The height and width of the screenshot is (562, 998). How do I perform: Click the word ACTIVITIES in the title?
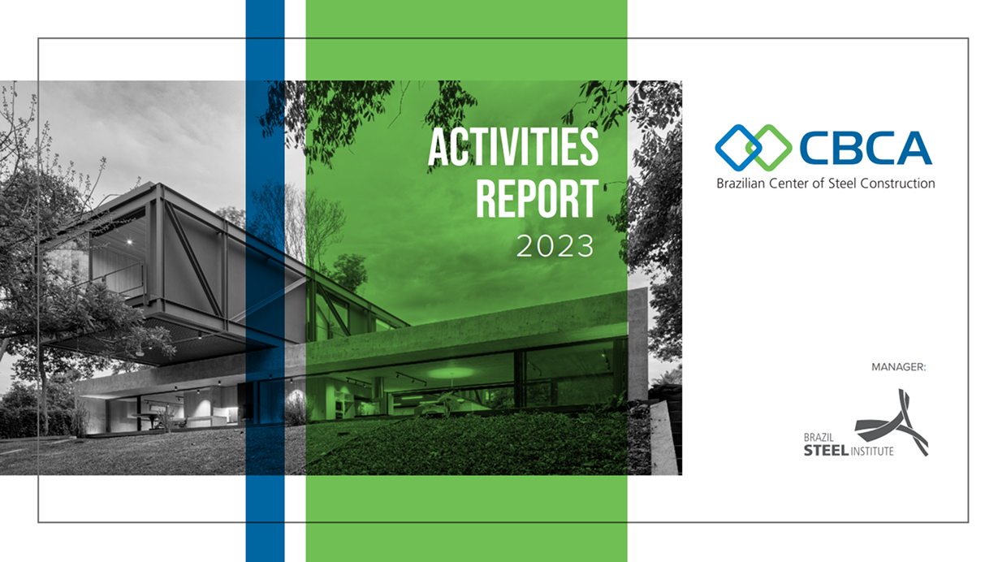click(513, 147)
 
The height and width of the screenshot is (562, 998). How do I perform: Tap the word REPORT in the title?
click(537, 198)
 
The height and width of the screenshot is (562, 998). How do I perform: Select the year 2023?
click(555, 246)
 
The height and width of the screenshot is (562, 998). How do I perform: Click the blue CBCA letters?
click(866, 148)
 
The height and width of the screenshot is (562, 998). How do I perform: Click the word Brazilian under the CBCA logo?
click(740, 184)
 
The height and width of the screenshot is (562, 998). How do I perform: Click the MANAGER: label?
click(899, 367)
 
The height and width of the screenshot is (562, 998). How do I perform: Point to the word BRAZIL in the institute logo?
click(819, 438)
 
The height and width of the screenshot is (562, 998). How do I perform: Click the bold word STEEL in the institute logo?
click(826, 451)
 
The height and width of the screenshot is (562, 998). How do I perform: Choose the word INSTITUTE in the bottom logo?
click(872, 452)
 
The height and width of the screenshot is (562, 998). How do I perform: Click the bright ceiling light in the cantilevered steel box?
click(130, 242)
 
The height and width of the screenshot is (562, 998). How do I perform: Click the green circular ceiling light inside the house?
click(451, 373)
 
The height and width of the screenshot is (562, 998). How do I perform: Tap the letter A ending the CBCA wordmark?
click(914, 148)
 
